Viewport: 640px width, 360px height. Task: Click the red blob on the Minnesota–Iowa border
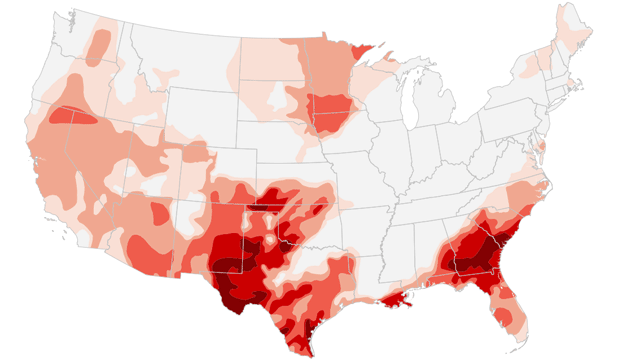[328, 106]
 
